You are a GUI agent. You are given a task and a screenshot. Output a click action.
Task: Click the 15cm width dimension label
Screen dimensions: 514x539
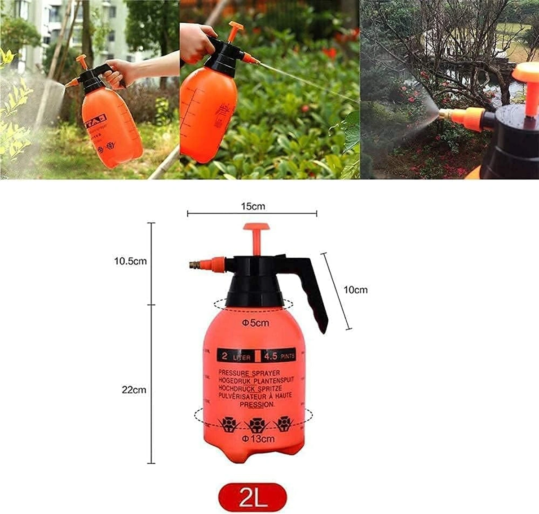[252, 206]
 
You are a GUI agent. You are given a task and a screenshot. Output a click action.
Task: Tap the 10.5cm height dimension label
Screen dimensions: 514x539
[130, 261]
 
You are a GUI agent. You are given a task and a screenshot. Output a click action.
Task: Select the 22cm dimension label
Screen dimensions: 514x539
[134, 390]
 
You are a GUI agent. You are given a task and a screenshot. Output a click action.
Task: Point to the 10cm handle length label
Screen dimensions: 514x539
[355, 290]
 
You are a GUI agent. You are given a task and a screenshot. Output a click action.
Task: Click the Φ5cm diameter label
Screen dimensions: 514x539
[256, 323]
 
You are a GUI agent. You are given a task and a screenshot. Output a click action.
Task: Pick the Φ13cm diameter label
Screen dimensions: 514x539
[258, 439]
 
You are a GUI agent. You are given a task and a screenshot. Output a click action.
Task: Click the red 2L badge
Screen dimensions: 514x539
[253, 497]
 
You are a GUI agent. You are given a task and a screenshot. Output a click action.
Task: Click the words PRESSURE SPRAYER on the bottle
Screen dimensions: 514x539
[249, 373]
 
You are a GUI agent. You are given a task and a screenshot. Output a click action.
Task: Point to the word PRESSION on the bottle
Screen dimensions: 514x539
[256, 404]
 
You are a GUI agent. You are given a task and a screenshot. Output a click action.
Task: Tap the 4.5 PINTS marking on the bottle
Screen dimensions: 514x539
[279, 356]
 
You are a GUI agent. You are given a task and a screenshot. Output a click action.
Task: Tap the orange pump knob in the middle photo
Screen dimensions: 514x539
[235, 28]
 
